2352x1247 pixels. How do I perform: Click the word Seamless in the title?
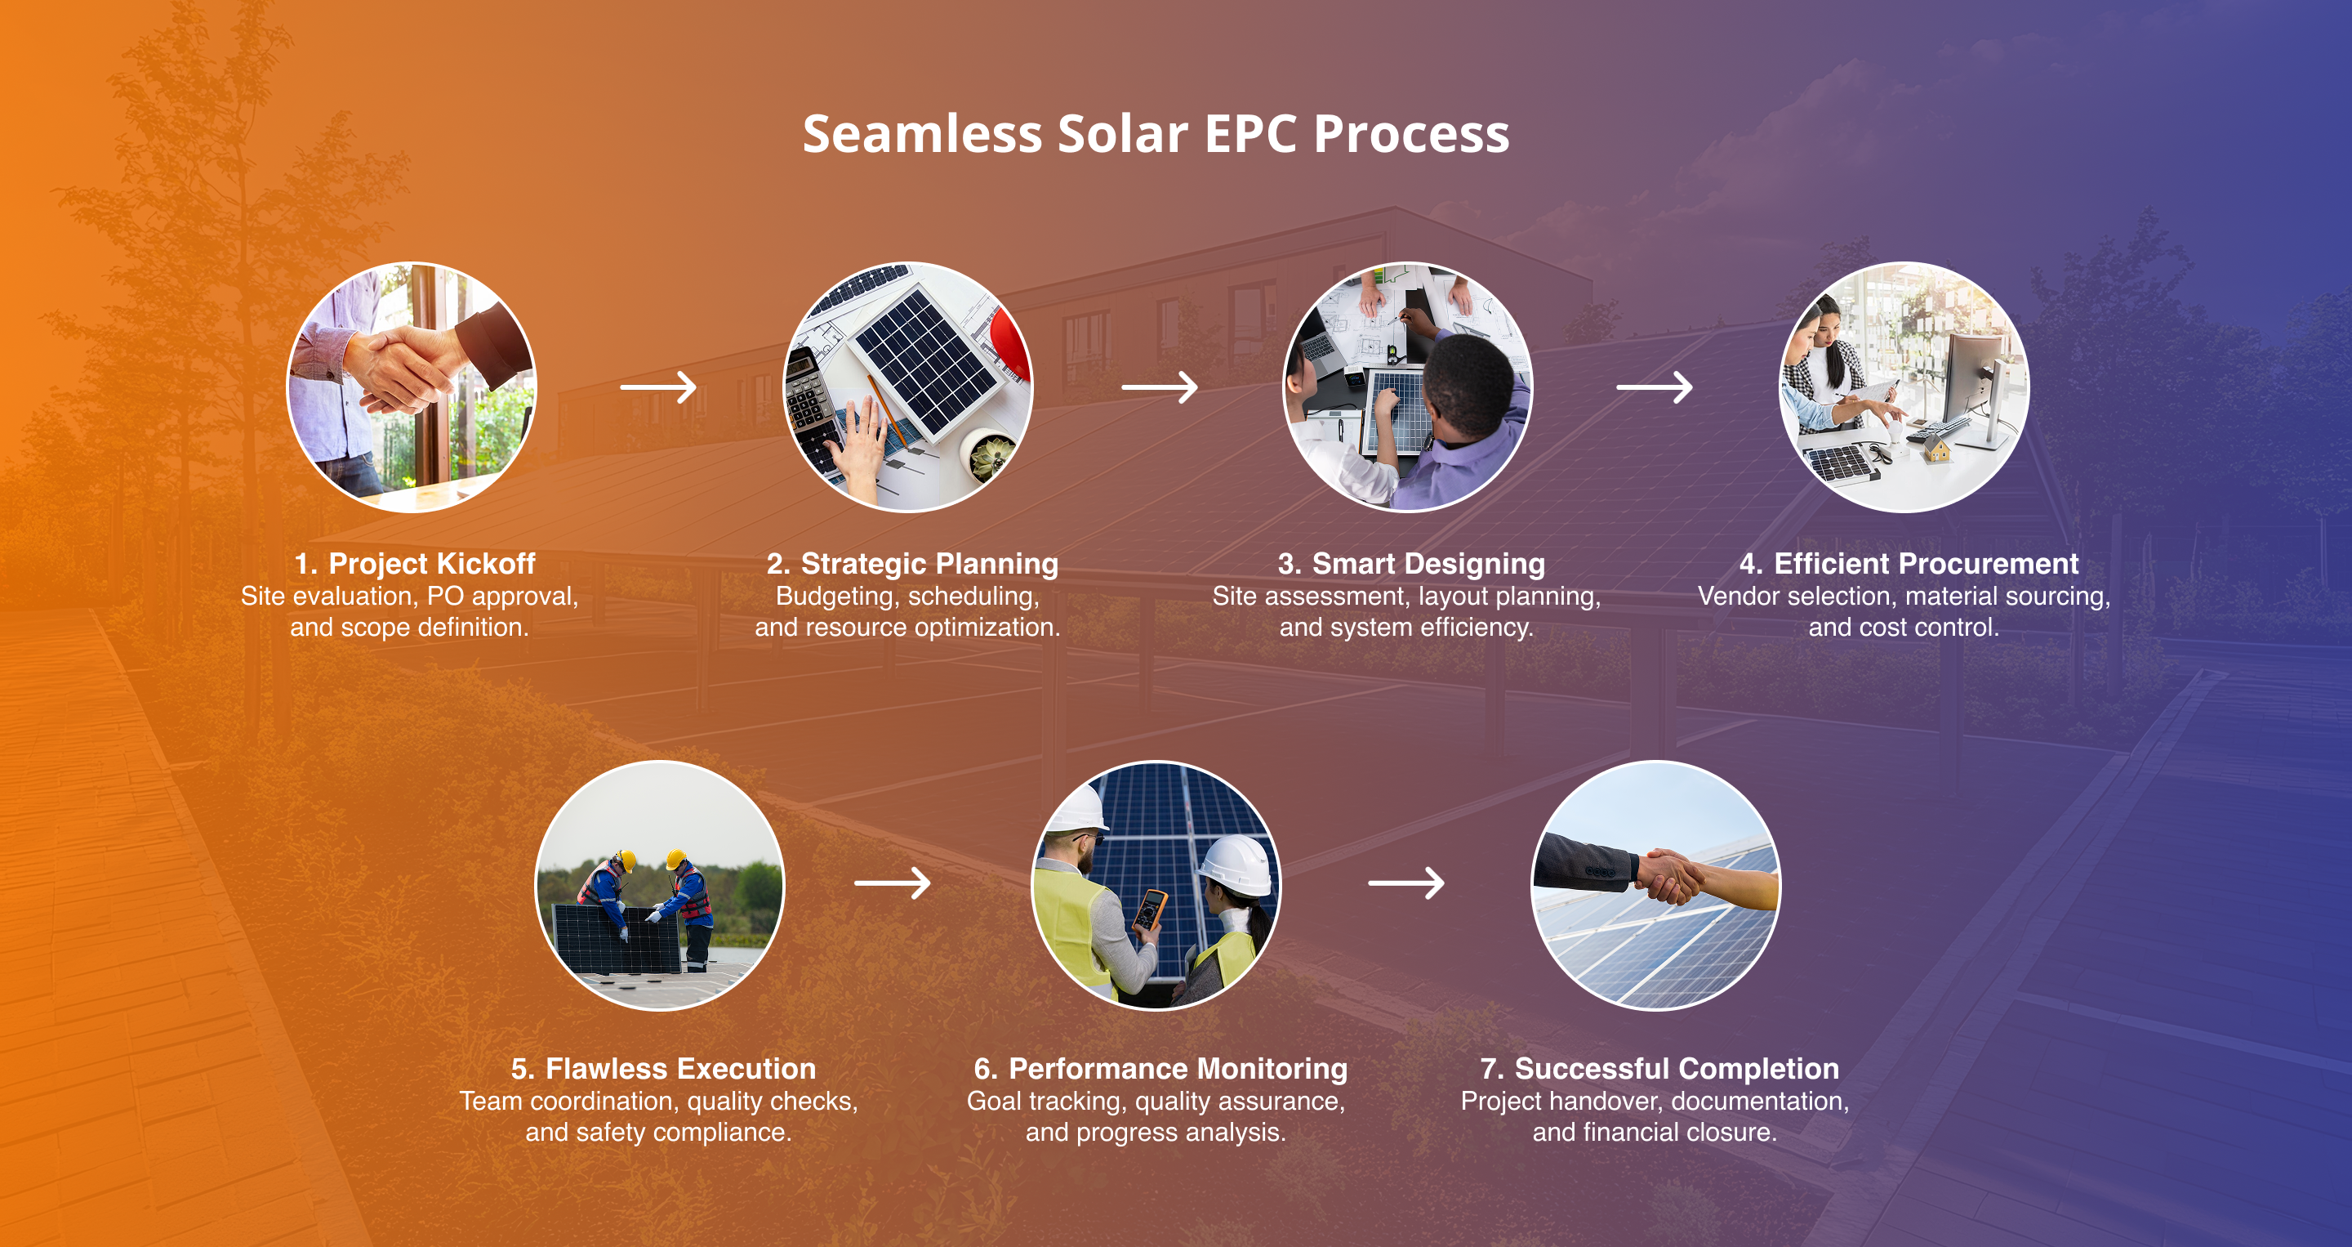click(x=922, y=134)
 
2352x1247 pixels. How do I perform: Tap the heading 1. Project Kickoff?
click(x=415, y=564)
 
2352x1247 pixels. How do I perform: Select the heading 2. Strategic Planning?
click(x=912, y=564)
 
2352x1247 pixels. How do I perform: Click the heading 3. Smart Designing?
click(x=1411, y=564)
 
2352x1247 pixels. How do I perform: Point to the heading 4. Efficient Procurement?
click(x=1909, y=564)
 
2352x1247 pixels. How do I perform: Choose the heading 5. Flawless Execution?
click(x=663, y=1068)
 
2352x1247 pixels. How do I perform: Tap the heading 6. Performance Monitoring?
click(x=1160, y=1068)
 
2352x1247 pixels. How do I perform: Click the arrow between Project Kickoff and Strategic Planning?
click(x=658, y=387)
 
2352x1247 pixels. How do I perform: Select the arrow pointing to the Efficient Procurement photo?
click(x=1655, y=387)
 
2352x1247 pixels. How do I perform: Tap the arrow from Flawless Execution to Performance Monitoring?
click(x=892, y=883)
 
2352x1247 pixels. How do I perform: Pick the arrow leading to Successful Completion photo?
click(x=1406, y=883)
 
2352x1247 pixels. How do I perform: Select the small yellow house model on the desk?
click(x=1936, y=449)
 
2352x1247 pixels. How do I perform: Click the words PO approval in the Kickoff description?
click(x=501, y=597)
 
